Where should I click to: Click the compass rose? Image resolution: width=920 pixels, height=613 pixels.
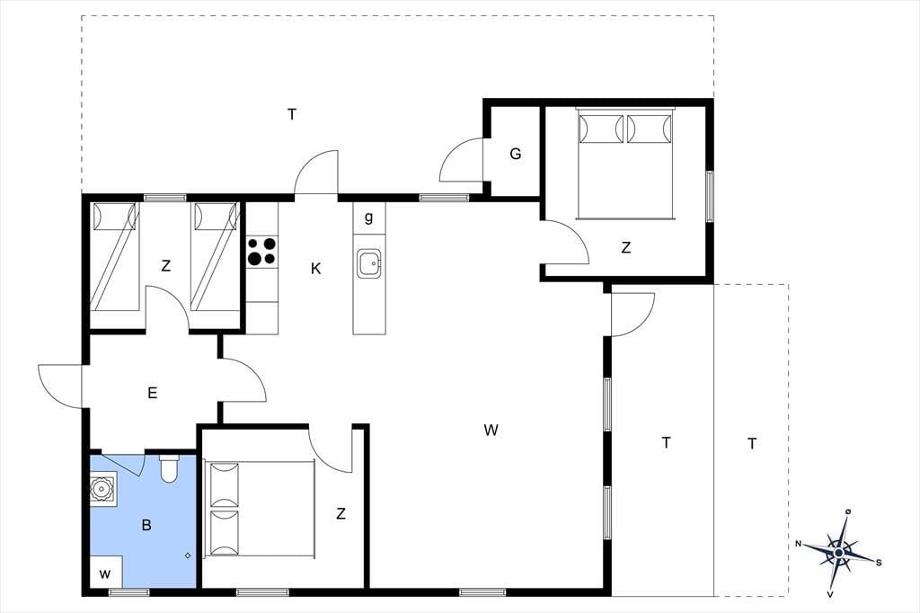pyautogui.click(x=839, y=553)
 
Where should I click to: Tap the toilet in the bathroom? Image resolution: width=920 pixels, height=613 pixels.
pyautogui.click(x=169, y=468)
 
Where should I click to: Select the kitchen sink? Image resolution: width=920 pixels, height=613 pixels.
pyautogui.click(x=369, y=263)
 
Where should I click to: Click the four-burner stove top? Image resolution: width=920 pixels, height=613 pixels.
pyautogui.click(x=261, y=251)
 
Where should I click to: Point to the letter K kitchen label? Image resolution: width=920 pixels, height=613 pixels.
pyautogui.click(x=315, y=269)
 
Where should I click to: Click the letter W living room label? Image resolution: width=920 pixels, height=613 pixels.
pyautogui.click(x=491, y=431)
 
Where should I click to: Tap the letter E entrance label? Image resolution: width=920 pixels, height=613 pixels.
pyautogui.click(x=153, y=393)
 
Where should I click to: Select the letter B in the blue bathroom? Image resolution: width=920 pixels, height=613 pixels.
pyautogui.click(x=146, y=525)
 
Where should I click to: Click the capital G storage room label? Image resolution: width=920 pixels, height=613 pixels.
pyautogui.click(x=515, y=154)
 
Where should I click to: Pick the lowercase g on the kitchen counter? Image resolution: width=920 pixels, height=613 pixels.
pyautogui.click(x=368, y=218)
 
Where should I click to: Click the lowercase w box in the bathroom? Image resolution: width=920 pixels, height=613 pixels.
pyautogui.click(x=105, y=573)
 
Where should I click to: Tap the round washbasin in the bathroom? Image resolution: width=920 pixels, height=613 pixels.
pyautogui.click(x=102, y=488)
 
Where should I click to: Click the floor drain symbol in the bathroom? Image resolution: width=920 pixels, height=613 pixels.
pyautogui.click(x=188, y=555)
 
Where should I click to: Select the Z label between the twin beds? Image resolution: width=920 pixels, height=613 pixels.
pyautogui.click(x=166, y=266)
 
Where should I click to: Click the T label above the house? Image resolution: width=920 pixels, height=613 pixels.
pyautogui.click(x=292, y=114)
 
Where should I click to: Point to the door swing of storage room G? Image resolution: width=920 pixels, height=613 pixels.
pyautogui.click(x=461, y=159)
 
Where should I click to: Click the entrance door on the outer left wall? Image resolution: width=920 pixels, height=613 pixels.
pyautogui.click(x=60, y=386)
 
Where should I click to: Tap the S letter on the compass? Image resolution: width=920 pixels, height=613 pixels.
pyautogui.click(x=879, y=563)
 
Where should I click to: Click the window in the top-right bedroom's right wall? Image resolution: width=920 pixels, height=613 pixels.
pyautogui.click(x=710, y=196)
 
